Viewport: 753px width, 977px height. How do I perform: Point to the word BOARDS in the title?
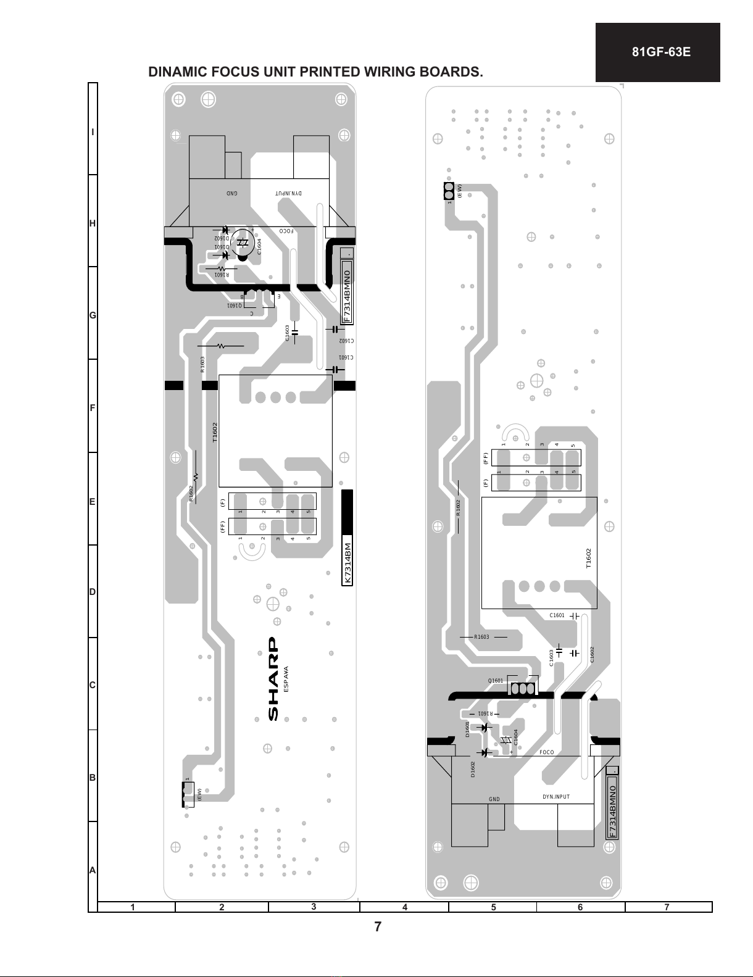pos(453,72)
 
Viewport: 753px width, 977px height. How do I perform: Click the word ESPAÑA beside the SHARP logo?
pos(286,679)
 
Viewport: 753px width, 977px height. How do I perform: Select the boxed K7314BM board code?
pos(347,563)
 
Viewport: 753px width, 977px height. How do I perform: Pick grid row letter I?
pos(93,133)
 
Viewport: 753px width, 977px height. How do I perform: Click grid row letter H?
pos(93,223)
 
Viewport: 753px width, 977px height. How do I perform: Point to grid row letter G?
pos(93,316)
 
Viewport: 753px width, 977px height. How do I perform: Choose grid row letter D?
pos(93,592)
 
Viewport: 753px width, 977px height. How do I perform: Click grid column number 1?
pos(133,907)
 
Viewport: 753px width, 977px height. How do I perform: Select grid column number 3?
pos(314,907)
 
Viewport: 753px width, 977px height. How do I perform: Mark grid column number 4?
pos(405,907)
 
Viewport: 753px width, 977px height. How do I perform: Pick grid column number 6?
pos(580,907)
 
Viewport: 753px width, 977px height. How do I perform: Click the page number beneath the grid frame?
pos(378,927)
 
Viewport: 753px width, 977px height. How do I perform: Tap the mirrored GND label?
pos(231,193)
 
